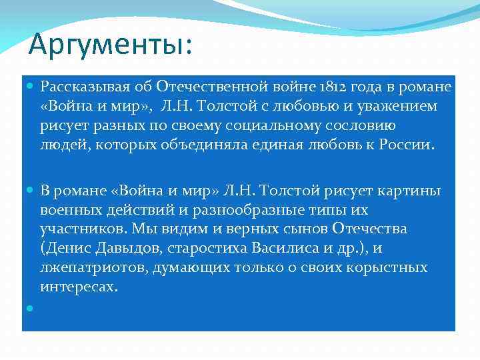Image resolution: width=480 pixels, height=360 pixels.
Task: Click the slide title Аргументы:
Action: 110,45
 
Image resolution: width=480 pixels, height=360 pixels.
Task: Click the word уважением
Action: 399,107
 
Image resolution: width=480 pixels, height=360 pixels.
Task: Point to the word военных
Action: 71,210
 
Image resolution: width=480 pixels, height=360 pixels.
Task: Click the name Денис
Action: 65,249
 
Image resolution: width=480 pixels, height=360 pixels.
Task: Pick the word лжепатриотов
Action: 93,268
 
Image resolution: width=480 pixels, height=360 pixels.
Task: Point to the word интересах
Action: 78,287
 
